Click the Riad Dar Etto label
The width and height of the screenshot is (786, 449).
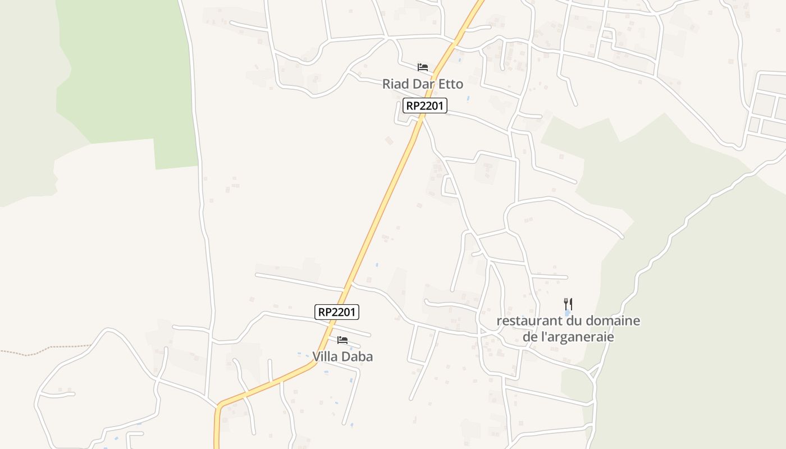(x=423, y=84)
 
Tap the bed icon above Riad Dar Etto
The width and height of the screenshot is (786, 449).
(x=423, y=67)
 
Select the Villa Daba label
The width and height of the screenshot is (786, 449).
(x=342, y=356)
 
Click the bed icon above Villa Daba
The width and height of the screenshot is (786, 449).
(x=342, y=340)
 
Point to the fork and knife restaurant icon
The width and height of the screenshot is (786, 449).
(x=568, y=304)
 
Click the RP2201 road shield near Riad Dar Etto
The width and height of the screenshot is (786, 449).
(x=425, y=106)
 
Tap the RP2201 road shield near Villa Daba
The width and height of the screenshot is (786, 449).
(x=337, y=312)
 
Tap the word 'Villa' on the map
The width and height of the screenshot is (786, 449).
(x=326, y=356)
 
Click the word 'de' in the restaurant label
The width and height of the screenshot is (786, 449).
(x=530, y=337)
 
